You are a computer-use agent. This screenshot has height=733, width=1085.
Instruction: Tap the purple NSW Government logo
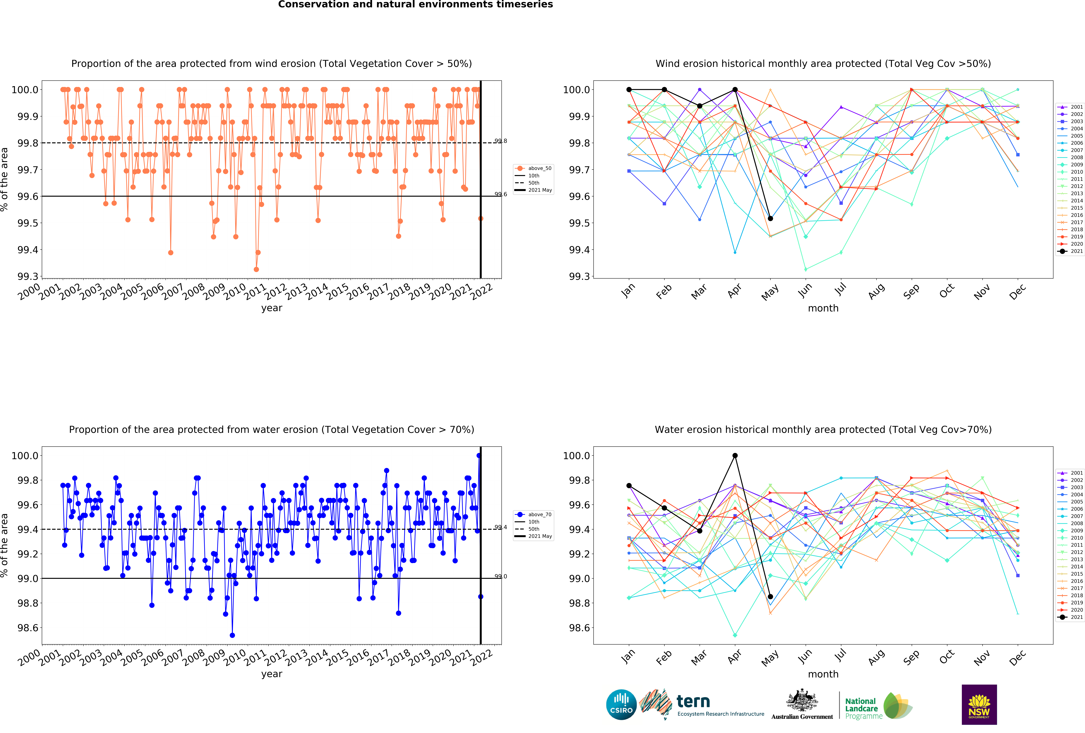pyautogui.click(x=979, y=705)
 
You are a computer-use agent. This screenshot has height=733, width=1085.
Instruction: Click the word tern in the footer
pyautogui.click(x=693, y=701)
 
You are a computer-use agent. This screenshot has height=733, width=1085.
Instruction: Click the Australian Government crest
pyautogui.click(x=802, y=700)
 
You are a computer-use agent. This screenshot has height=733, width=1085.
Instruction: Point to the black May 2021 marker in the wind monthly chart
pyautogui.click(x=770, y=218)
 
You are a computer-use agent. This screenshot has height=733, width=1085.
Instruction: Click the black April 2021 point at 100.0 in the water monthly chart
pyautogui.click(x=735, y=455)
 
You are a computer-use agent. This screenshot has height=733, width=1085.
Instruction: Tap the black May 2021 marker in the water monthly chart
pyautogui.click(x=770, y=596)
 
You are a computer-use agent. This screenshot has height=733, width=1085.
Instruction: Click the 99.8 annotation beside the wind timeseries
pyautogui.click(x=500, y=141)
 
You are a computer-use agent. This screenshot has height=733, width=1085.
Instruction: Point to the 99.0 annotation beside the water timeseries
pyautogui.click(x=500, y=576)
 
